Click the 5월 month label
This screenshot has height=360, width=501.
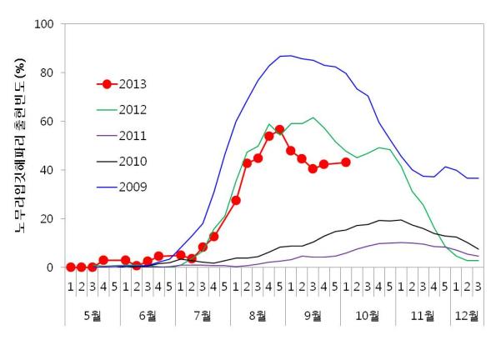pos(92,316)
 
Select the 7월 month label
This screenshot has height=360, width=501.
pos(203,316)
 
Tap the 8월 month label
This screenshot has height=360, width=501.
pos(258,316)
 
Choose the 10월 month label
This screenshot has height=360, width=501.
pos(368,316)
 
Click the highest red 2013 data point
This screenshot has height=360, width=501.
pos(280,130)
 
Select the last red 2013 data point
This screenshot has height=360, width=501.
pos(346,162)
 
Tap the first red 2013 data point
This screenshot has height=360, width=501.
pos(71,267)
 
